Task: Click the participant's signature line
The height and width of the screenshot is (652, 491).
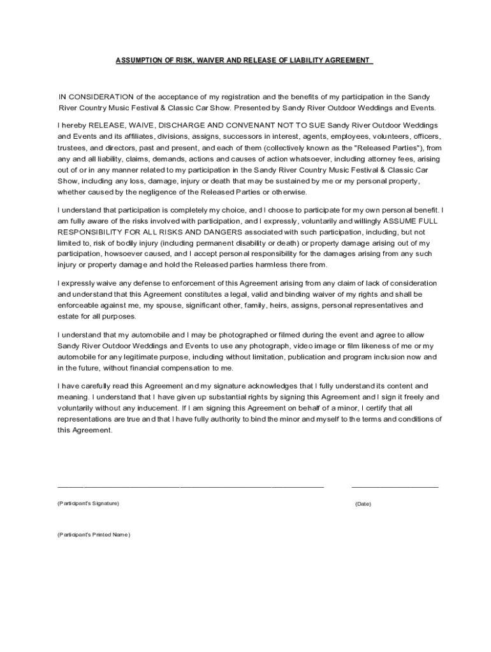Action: point(191,486)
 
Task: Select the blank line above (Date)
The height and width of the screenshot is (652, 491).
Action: point(395,486)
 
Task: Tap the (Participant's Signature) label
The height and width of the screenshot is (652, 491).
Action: point(88,504)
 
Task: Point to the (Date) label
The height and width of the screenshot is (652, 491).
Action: point(363,504)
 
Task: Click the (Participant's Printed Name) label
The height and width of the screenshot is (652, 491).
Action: point(93,535)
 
